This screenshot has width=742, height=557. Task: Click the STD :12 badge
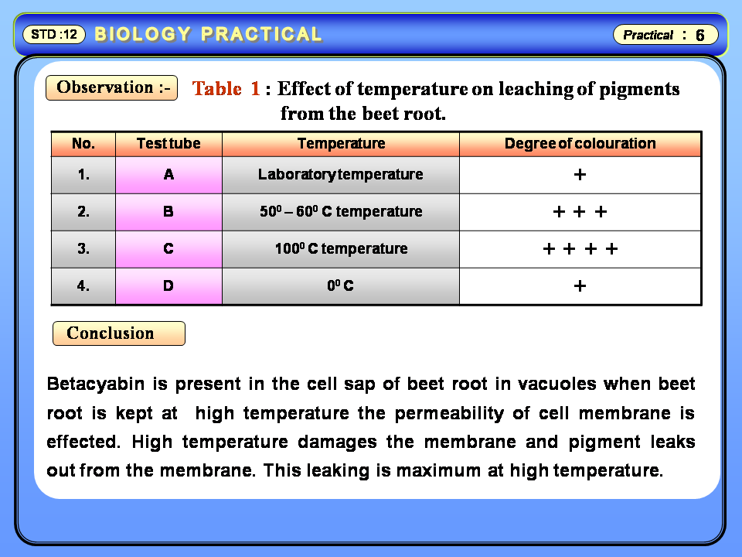tap(54, 34)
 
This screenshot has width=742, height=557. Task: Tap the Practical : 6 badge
tap(665, 35)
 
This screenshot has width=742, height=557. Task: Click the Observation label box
tap(111, 87)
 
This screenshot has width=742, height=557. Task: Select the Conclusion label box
tap(119, 333)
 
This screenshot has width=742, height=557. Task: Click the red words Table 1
tap(226, 88)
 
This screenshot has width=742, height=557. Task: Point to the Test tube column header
tap(168, 144)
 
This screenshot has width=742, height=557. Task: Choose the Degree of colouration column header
tap(580, 144)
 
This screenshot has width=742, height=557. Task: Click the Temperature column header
tap(341, 144)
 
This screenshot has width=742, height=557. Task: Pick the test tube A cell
tap(168, 175)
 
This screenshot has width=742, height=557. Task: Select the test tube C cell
tap(168, 249)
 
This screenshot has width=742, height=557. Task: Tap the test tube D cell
tap(168, 286)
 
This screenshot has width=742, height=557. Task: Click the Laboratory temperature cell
tap(341, 175)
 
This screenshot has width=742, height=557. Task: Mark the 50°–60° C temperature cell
tap(341, 212)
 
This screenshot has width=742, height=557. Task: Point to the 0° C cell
tap(341, 286)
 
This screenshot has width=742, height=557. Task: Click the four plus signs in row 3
tap(580, 248)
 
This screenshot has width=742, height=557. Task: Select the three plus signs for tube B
tap(580, 211)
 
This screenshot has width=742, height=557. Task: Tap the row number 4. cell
tap(83, 286)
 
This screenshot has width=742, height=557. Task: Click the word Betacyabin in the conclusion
tap(96, 384)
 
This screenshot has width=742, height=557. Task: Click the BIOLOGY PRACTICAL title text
tap(208, 34)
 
